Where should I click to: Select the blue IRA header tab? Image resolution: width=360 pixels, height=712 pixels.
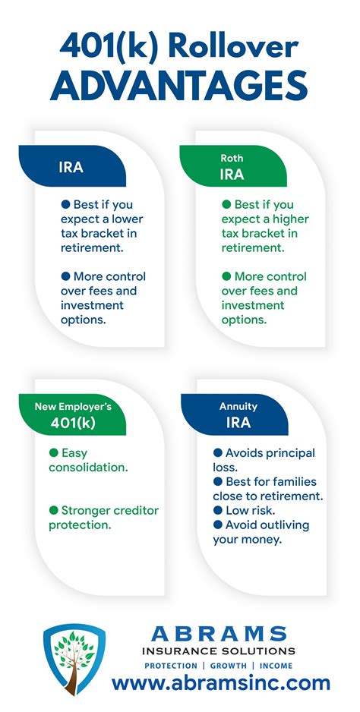[72, 166]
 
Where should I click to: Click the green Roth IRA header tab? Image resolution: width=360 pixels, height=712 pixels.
[232, 166]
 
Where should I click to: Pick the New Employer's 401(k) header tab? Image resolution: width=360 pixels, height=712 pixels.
[73, 414]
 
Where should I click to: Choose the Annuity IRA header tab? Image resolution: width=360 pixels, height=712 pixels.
[235, 414]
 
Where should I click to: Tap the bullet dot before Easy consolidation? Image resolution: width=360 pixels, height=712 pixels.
[54, 452]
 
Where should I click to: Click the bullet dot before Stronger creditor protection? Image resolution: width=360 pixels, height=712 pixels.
[54, 510]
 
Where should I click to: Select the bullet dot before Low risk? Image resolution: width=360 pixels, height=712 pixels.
[218, 510]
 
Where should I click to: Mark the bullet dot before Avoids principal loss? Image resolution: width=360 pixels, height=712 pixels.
[218, 452]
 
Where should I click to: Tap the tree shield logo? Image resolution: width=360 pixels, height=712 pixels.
[74, 660]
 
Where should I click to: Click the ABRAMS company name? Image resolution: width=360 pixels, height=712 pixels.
[219, 634]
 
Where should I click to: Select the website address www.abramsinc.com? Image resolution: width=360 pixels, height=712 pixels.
[221, 682]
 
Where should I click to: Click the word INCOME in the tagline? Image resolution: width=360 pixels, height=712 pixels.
[276, 666]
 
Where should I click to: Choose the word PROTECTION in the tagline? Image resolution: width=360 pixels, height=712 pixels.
[171, 666]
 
